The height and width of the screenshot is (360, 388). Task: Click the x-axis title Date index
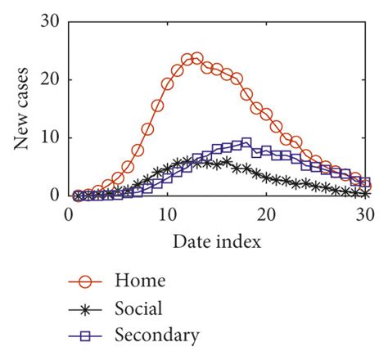218,242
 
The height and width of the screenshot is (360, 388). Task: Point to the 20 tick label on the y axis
49,79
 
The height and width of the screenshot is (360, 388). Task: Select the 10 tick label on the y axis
49,137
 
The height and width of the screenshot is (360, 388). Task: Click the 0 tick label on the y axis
54,196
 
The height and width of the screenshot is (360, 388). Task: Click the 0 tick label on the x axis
69,215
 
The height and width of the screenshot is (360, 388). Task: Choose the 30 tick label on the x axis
366,215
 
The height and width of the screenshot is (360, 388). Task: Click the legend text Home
142,281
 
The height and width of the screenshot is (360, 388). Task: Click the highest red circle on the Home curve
196,59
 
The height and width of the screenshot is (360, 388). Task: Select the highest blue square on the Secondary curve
246,143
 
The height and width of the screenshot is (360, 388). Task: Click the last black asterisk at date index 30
365,193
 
